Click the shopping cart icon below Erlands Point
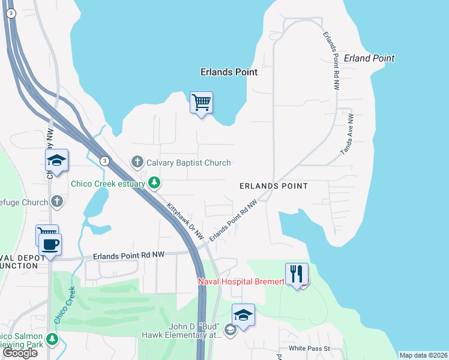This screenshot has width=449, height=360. coord(202,103)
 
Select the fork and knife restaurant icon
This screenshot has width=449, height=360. coord(297,274)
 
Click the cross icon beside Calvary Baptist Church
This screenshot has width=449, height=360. coord(137,163)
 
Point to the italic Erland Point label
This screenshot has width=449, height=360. coord(369,58)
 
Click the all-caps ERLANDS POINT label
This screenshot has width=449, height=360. coord(273,186)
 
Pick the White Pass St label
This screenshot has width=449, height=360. coord(310,348)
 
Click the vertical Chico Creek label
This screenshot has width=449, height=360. coord(64,305)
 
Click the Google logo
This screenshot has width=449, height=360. coord(20,353)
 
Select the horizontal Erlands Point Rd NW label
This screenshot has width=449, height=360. coord(128,255)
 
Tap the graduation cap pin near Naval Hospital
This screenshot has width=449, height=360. coord(243,314)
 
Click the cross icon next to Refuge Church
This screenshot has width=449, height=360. coord(57,202)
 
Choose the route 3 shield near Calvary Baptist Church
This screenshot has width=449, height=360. coord(105,160)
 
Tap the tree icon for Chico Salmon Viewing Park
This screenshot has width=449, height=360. coord(52,339)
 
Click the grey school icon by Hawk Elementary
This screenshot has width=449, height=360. coord(229,330)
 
